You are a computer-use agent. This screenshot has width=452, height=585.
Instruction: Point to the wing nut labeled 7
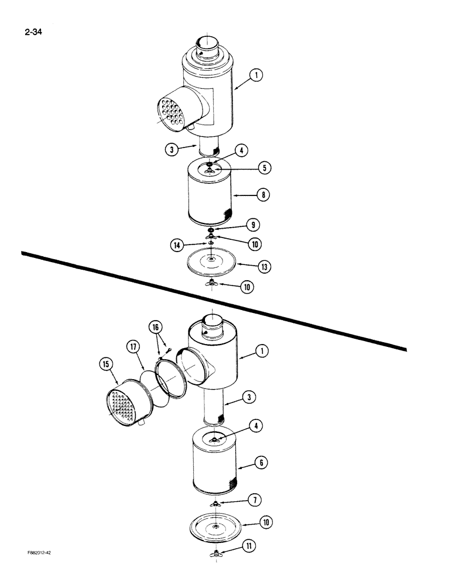217,504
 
